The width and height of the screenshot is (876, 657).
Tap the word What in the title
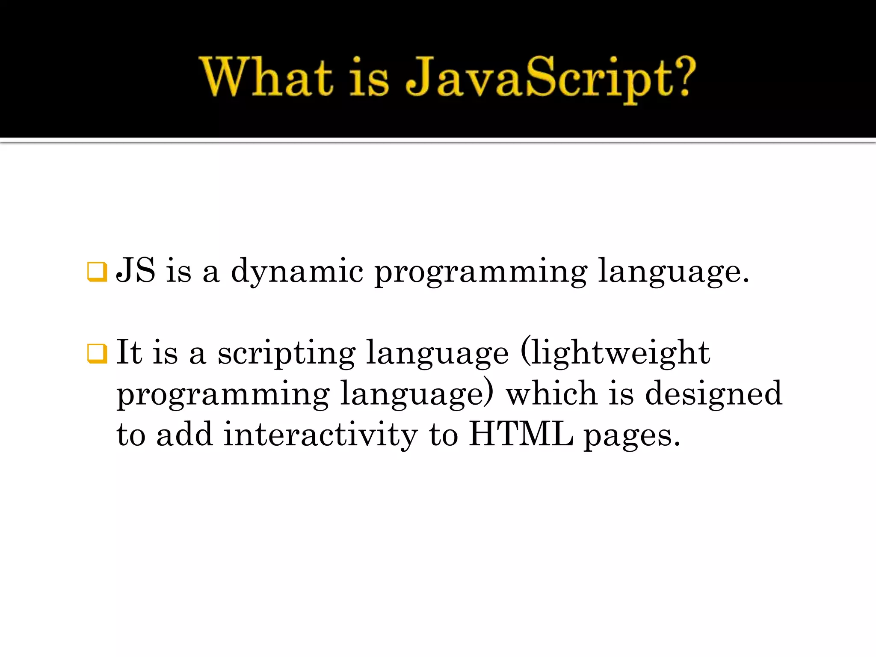coord(266,77)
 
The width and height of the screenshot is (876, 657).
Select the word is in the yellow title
coord(369,79)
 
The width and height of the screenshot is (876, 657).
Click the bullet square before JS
coord(97,272)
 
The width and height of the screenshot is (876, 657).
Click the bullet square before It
coord(97,353)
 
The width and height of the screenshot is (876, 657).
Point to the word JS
coord(136,270)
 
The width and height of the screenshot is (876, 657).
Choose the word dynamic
coord(297,272)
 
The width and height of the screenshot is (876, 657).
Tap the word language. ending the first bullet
coord(673,272)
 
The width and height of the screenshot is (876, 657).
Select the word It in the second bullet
coord(129,352)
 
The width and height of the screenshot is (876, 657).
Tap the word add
coord(184,435)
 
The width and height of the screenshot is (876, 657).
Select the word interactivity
coord(320,435)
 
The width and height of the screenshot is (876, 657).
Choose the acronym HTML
coord(521,435)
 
